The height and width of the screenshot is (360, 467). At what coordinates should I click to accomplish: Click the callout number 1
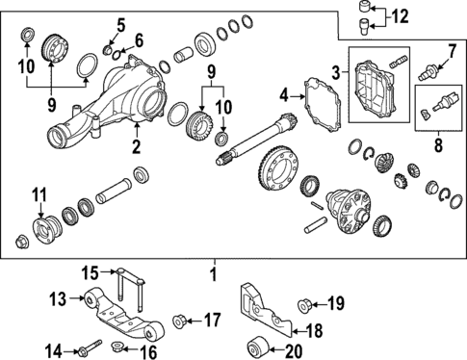(x=214, y=274)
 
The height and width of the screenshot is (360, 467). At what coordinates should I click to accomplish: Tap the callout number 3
(x=336, y=73)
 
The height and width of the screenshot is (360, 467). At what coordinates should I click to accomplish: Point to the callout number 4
(x=284, y=94)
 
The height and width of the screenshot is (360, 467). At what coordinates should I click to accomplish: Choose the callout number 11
(x=39, y=198)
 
